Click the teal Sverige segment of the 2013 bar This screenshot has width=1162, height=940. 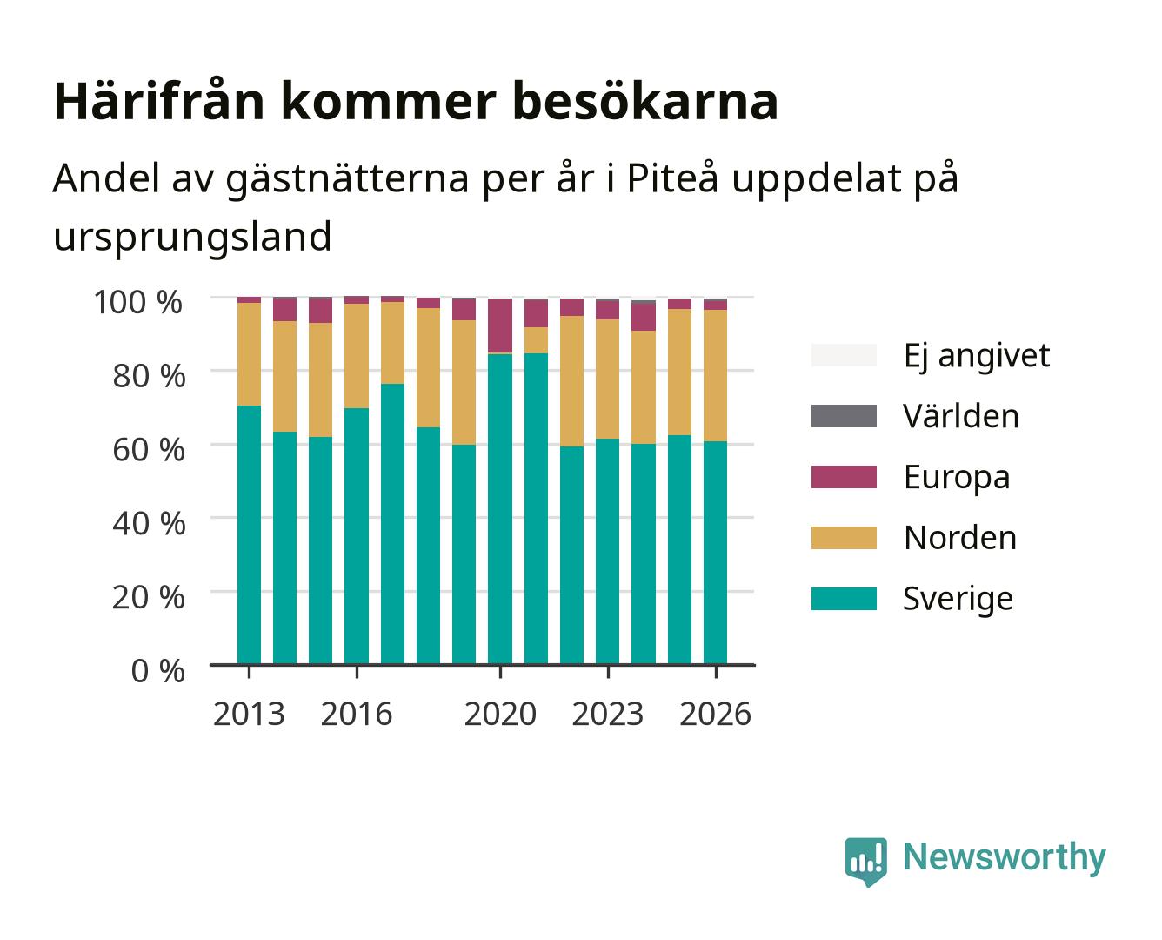(249, 534)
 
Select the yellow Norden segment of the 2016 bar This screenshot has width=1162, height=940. (357, 356)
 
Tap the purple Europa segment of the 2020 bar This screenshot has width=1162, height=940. (500, 326)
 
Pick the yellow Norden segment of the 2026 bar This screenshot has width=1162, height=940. (715, 375)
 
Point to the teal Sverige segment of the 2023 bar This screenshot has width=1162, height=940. (607, 551)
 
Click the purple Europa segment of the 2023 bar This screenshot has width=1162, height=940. (607, 310)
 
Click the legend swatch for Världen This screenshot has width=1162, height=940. (844, 416)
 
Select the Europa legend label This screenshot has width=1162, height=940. (957, 477)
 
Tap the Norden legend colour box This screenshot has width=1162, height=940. (844, 538)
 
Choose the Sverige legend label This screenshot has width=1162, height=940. (958, 599)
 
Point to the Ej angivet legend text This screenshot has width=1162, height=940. (977, 356)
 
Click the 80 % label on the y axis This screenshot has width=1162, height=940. (149, 376)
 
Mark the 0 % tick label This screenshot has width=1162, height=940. (157, 671)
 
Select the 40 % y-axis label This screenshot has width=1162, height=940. (149, 523)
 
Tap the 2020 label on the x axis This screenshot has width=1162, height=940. (500, 714)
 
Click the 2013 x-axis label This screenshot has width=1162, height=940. (249, 714)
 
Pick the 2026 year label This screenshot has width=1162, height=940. (715, 714)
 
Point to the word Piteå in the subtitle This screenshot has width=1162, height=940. (672, 178)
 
